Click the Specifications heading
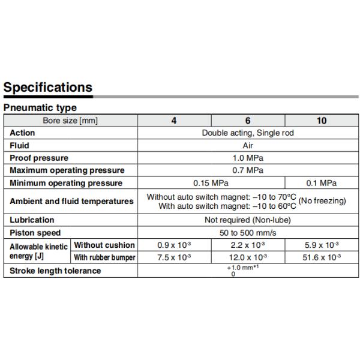(48, 87)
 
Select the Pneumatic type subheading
(40, 108)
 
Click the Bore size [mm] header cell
(70, 121)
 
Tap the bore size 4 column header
(174, 121)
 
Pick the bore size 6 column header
(248, 121)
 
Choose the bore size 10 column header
(322, 121)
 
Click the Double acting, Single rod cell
(248, 133)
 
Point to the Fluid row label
(19, 145)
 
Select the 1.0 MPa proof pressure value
(248, 158)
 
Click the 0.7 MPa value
(248, 170)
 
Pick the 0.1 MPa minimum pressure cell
(322, 183)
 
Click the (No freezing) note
(322, 201)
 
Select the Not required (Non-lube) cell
(248, 220)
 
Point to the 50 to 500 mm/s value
(248, 233)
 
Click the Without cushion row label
(104, 245)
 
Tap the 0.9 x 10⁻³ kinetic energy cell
(174, 245)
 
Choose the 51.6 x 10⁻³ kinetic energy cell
(322, 257)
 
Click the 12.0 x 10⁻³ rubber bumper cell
(248, 257)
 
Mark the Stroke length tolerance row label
(55, 271)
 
